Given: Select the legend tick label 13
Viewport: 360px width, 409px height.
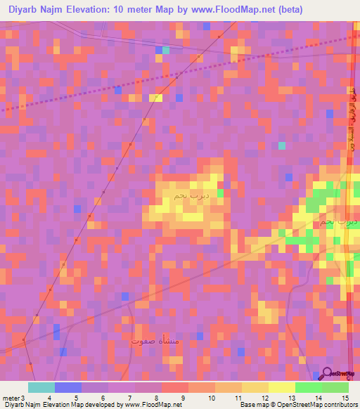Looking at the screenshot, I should (291, 397).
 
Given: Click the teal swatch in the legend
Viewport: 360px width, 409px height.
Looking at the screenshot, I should (41, 387).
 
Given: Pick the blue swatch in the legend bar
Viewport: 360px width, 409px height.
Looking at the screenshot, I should (68, 387).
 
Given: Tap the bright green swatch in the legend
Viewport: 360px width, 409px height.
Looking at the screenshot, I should (309, 387).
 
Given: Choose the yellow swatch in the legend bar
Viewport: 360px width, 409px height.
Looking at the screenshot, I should (281, 387).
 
